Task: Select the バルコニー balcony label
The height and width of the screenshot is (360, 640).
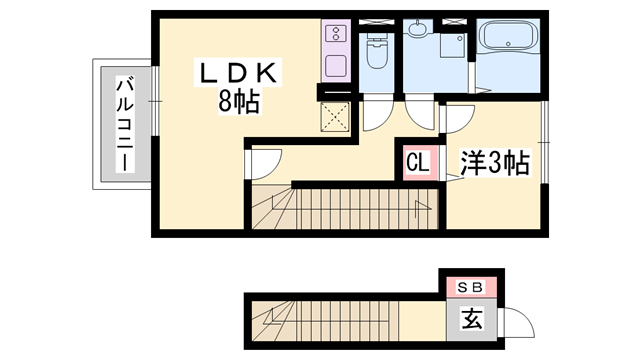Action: [x=126, y=125]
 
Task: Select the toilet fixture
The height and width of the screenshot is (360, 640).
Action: [x=377, y=50]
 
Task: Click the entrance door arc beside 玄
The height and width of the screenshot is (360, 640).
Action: [x=520, y=322]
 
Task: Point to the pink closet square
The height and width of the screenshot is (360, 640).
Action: [x=418, y=161]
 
